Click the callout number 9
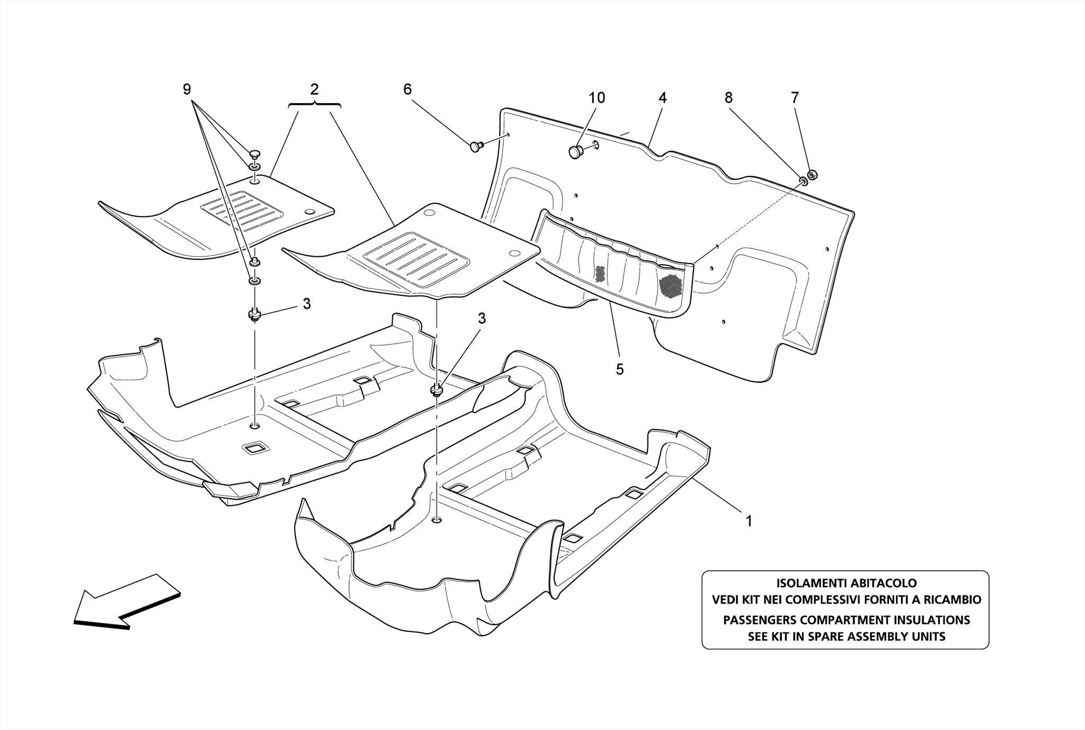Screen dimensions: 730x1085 186,89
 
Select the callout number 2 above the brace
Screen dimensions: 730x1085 314,89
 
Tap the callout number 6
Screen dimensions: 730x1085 407,89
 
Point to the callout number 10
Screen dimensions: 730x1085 597,98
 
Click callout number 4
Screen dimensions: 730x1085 662,98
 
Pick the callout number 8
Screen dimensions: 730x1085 728,98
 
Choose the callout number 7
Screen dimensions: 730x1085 794,98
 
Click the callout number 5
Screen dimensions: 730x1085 620,369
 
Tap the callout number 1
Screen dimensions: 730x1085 749,521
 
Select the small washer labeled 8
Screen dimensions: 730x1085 803,182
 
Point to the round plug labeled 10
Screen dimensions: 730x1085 576,151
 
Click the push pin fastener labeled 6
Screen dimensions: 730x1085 475,146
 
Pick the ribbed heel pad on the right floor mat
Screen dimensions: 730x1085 416,260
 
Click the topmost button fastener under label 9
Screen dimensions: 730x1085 255,154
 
